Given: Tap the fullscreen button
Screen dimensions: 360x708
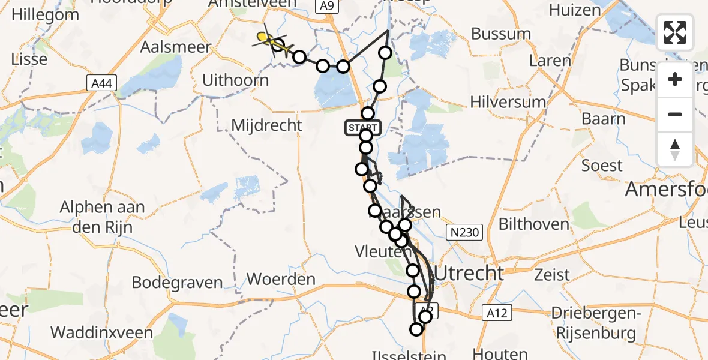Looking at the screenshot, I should tap(675, 32).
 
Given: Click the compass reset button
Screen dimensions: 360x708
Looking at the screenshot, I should tap(675, 149).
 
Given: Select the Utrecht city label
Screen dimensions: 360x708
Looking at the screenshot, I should tap(469, 274).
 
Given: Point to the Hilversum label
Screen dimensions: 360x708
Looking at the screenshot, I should tap(508, 102).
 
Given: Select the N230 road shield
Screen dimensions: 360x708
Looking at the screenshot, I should tap(467, 232).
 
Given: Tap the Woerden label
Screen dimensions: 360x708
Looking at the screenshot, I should tap(281, 279).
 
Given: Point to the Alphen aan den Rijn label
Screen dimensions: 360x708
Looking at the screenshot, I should tap(102, 215).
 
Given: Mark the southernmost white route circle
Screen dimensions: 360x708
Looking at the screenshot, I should tap(416, 329).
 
